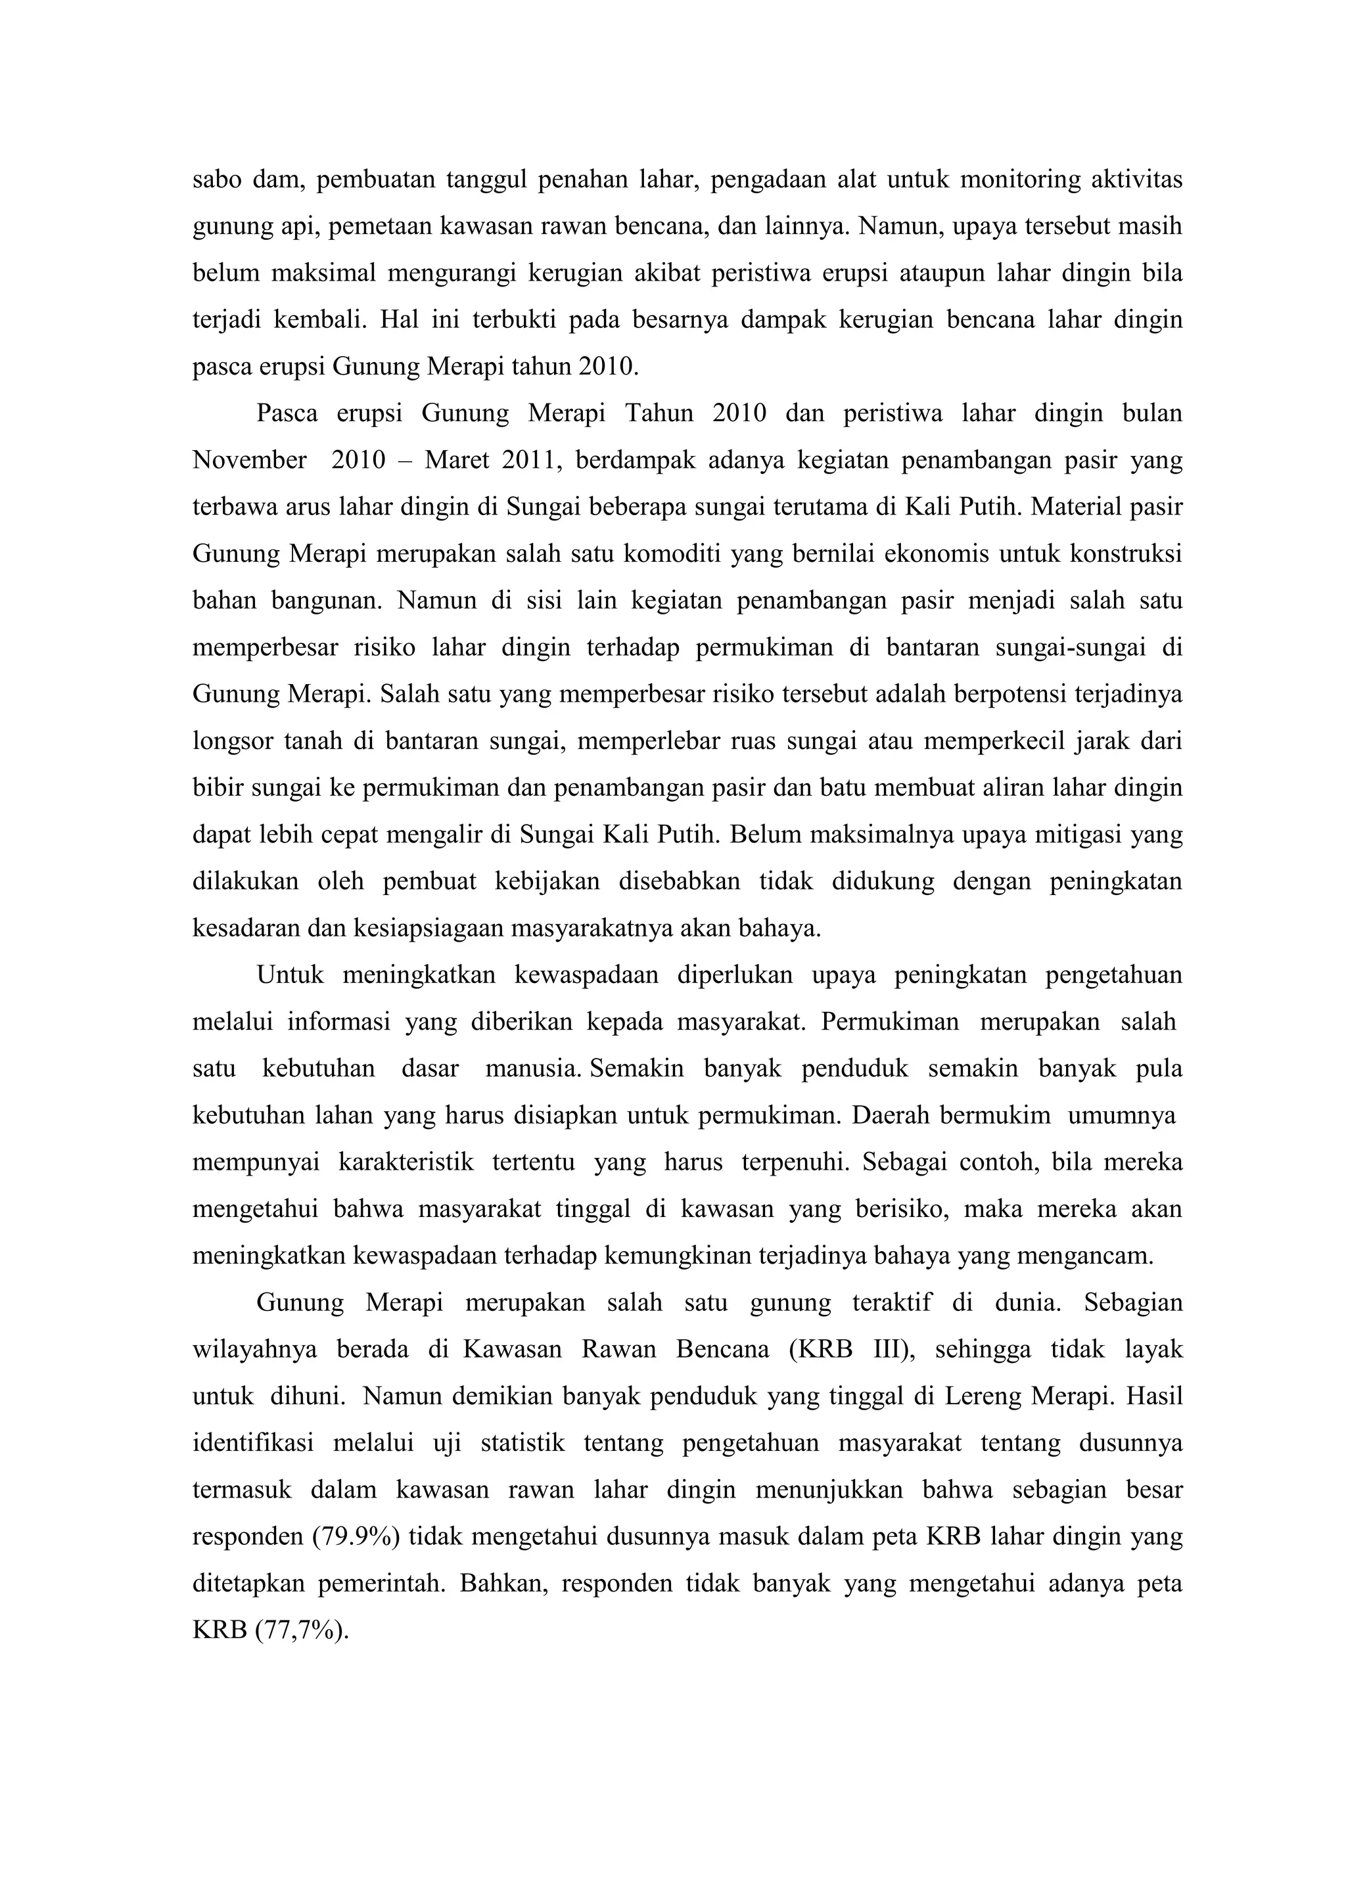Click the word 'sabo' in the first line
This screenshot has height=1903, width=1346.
(x=216, y=180)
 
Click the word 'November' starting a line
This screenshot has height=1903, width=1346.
(x=250, y=460)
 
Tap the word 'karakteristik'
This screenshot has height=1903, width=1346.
(x=406, y=1162)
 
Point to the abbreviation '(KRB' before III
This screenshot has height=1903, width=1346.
(x=820, y=1349)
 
